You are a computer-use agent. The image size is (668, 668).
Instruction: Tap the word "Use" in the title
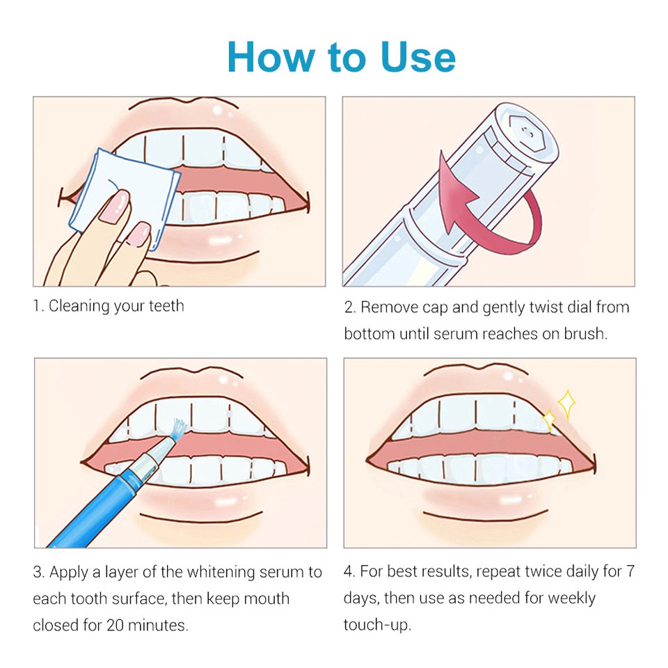(x=418, y=57)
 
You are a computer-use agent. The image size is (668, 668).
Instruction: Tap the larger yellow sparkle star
(x=566, y=404)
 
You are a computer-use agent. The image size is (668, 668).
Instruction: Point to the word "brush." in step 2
(x=586, y=333)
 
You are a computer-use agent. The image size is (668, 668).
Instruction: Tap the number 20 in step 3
(x=115, y=626)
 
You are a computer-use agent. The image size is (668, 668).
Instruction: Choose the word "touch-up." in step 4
(x=377, y=626)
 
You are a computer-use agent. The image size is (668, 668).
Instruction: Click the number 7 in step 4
(x=630, y=572)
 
